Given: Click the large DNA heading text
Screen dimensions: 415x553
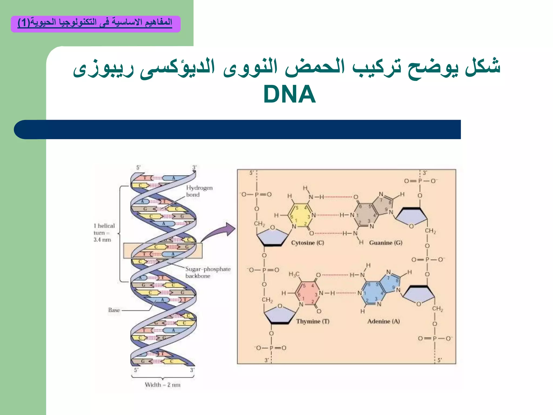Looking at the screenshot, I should click(x=289, y=94).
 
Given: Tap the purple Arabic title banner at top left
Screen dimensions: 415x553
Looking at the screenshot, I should click(x=96, y=24).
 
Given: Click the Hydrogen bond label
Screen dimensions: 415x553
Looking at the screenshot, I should click(x=199, y=191).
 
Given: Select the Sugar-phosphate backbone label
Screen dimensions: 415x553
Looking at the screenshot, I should click(x=208, y=272).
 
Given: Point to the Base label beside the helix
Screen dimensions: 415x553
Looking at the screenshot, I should click(x=114, y=310).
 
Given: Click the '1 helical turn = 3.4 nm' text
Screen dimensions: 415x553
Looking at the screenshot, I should click(x=104, y=233).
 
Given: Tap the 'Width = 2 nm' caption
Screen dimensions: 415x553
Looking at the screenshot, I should click(x=163, y=385).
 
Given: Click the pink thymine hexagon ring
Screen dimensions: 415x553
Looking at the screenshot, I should click(x=308, y=293).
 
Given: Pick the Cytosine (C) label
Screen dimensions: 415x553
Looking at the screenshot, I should click(x=307, y=243).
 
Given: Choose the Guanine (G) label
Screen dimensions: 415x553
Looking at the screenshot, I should click(x=385, y=243).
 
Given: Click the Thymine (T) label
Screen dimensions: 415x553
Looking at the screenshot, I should click(x=313, y=321).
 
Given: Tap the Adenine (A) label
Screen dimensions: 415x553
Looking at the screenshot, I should click(x=383, y=321).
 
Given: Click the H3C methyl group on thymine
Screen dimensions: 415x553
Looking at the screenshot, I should click(x=294, y=274).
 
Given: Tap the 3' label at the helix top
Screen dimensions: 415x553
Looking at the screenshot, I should click(x=194, y=168).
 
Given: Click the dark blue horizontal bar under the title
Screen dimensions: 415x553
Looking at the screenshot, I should click(x=238, y=129).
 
